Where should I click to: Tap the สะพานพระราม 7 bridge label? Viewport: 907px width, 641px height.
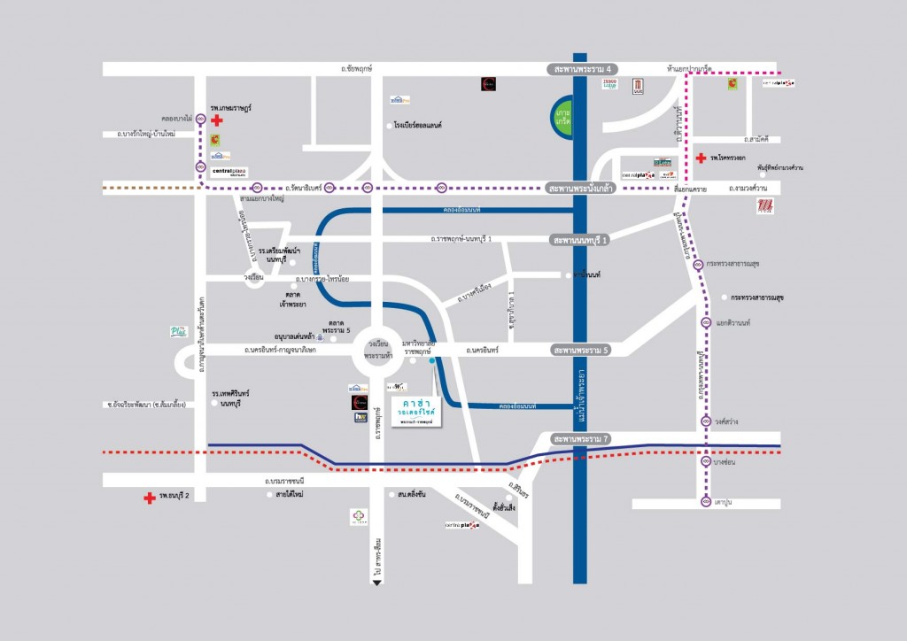[582, 439]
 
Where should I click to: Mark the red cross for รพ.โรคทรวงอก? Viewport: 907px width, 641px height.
[701, 158]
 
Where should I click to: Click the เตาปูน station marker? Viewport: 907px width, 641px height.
[706, 502]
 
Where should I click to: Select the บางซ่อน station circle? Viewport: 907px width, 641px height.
[706, 462]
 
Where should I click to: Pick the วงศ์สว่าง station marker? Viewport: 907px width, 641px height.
[706, 421]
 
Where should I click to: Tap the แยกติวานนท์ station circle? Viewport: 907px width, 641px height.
[706, 322]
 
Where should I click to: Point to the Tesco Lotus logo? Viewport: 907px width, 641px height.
[609, 84]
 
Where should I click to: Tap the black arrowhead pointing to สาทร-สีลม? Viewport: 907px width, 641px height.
[377, 580]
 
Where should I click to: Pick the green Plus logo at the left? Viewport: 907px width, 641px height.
[179, 331]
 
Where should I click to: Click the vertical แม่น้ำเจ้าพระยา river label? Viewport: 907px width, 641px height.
[584, 396]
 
